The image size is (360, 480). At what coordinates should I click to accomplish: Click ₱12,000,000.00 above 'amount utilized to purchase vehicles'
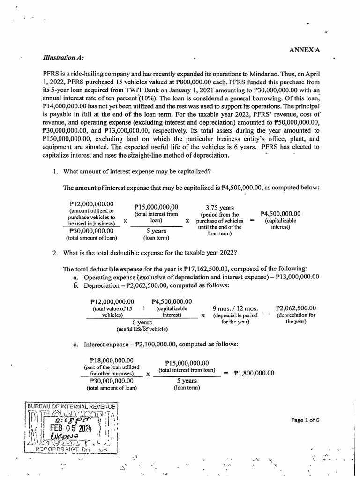coord(91,204)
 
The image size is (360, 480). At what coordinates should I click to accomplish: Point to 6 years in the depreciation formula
coord(142,322)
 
